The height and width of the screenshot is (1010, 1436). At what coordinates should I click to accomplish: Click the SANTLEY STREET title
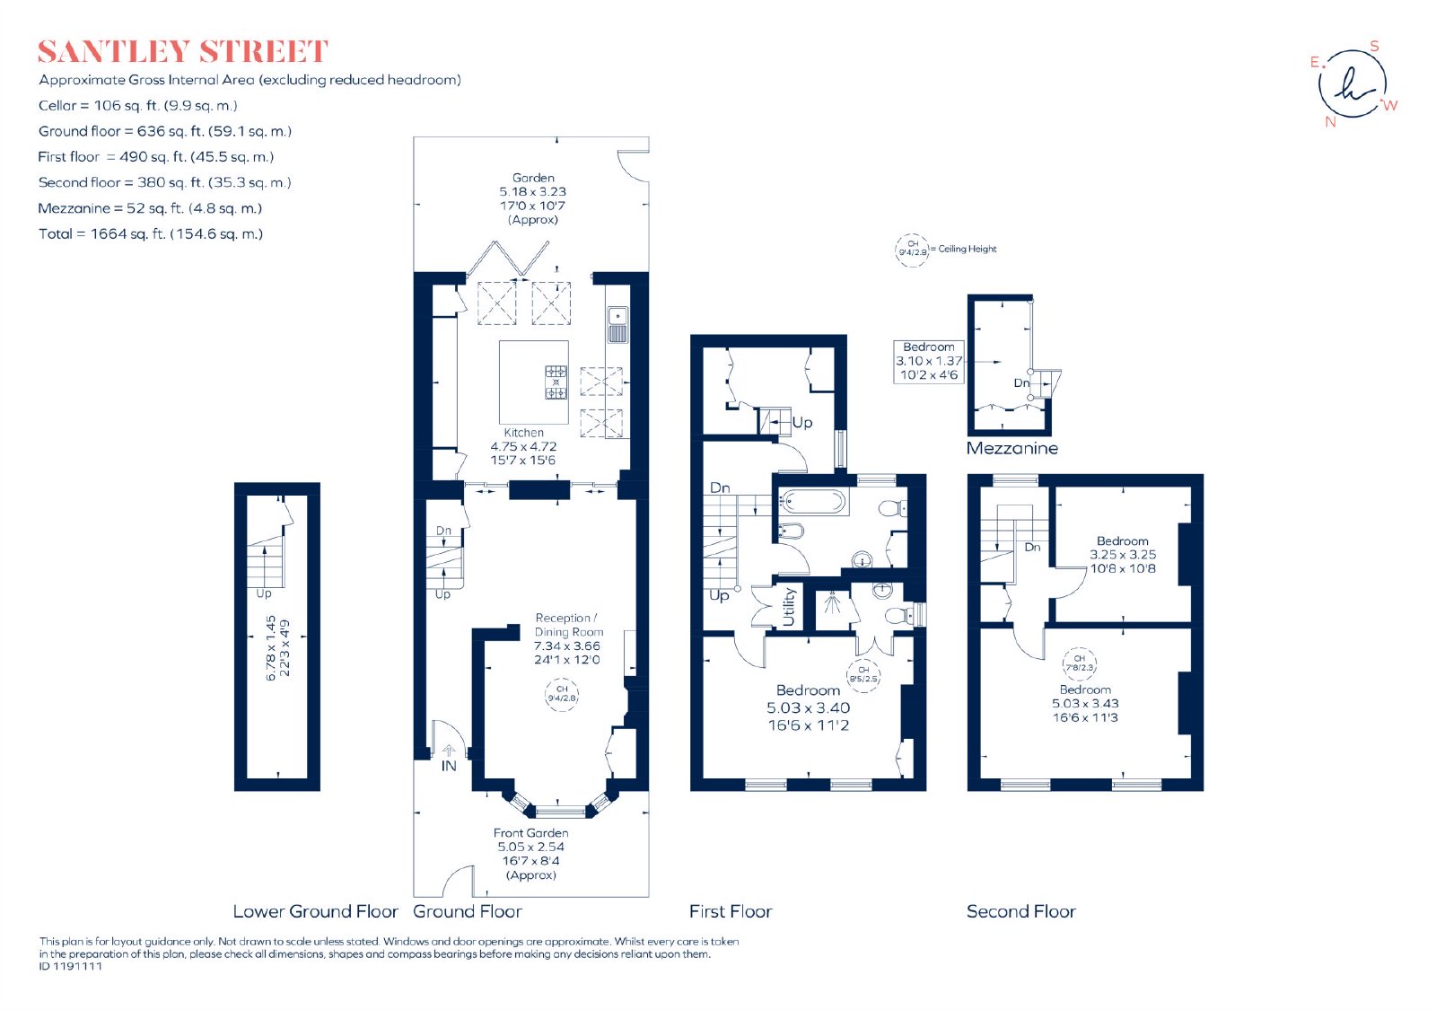183,52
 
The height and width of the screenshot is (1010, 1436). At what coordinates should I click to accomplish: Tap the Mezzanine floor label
1011,448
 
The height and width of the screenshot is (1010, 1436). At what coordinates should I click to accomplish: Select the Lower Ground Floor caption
315,911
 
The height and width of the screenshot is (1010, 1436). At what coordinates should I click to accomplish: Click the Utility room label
789,607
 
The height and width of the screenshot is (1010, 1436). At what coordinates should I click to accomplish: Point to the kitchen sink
617,324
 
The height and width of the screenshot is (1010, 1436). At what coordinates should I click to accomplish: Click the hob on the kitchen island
556,382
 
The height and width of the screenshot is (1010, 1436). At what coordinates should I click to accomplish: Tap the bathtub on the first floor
811,502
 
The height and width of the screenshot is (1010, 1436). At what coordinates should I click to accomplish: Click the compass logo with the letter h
1353,84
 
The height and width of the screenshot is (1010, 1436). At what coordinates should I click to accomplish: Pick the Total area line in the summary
151,234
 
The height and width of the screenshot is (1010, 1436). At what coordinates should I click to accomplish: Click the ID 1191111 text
71,966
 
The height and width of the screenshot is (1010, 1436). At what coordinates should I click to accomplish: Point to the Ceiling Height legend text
968,249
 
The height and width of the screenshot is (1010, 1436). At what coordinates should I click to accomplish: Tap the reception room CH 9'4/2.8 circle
562,694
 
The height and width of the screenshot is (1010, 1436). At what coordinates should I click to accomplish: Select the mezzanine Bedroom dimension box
929,362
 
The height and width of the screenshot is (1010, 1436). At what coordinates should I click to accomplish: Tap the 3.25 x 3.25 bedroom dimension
1123,555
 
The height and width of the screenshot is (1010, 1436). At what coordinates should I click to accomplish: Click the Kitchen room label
524,433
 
